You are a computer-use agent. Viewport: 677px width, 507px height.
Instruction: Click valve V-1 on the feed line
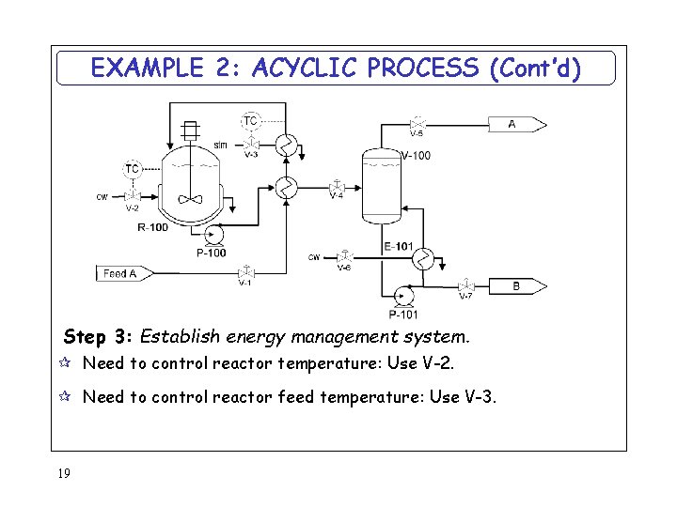point(244,273)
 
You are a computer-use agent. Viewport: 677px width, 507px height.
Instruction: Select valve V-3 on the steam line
point(251,144)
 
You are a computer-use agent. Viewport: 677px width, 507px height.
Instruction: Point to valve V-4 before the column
point(337,186)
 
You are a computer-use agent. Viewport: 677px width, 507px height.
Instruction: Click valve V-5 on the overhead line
point(416,123)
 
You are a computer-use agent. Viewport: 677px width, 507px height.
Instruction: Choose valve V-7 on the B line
point(465,285)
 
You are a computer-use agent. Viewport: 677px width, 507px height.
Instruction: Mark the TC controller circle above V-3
point(250,120)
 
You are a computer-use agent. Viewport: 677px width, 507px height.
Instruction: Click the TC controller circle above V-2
point(132,169)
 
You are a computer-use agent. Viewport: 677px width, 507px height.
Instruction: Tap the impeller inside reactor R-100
point(191,198)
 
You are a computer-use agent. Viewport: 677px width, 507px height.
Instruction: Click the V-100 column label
point(416,156)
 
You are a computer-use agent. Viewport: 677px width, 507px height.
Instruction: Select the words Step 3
point(98,336)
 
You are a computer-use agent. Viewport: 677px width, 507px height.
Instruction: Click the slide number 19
point(64,474)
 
